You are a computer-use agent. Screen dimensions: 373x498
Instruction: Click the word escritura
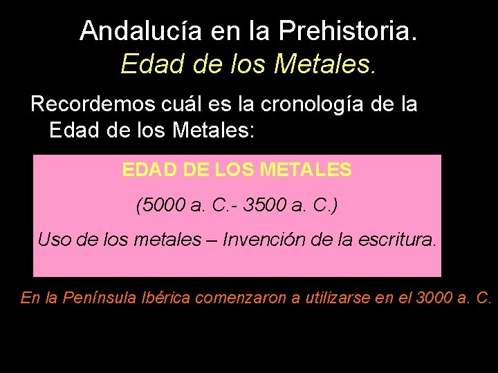click(x=399, y=240)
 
